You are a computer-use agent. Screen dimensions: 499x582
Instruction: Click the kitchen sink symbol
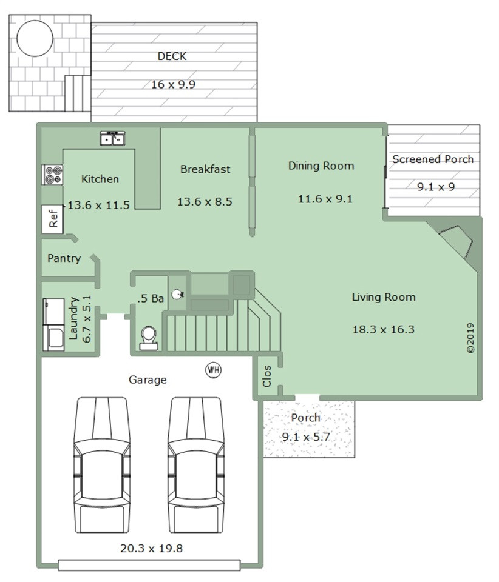click(x=112, y=138)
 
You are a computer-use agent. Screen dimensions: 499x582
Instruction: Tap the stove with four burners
click(x=52, y=175)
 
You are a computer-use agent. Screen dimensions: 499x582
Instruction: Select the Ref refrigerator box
click(x=52, y=219)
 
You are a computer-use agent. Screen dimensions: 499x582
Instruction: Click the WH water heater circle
click(x=213, y=370)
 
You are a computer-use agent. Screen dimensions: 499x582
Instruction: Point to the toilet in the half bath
click(x=149, y=338)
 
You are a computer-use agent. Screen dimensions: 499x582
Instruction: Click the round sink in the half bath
click(x=178, y=295)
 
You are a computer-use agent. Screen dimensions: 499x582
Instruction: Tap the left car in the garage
click(x=102, y=465)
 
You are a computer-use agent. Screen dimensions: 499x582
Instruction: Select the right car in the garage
click(x=196, y=465)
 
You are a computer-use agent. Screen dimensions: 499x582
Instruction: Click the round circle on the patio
click(x=35, y=38)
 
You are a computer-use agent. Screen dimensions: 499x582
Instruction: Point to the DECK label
click(x=172, y=56)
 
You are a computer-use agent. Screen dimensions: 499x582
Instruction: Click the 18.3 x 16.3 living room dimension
click(x=383, y=329)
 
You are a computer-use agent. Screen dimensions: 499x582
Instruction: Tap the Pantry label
click(x=64, y=258)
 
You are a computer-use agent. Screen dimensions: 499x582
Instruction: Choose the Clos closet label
click(x=266, y=376)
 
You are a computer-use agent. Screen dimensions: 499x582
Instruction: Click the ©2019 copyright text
click(x=470, y=338)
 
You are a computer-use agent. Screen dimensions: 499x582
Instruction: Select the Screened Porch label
click(x=433, y=159)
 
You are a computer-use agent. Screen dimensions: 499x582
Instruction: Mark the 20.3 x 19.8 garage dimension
click(x=151, y=548)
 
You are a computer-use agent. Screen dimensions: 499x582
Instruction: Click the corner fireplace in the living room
click(x=455, y=243)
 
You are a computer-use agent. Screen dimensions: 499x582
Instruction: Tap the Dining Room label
click(x=321, y=166)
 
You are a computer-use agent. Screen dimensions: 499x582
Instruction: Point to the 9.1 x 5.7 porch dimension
click(x=306, y=437)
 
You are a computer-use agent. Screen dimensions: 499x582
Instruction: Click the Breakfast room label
click(x=205, y=169)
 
